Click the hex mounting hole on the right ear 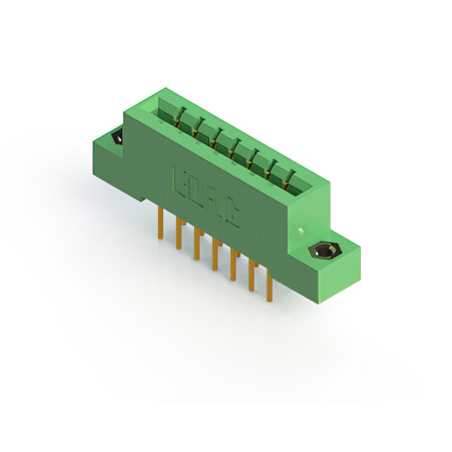tap(326, 251)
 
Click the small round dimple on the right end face tap(302, 231)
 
